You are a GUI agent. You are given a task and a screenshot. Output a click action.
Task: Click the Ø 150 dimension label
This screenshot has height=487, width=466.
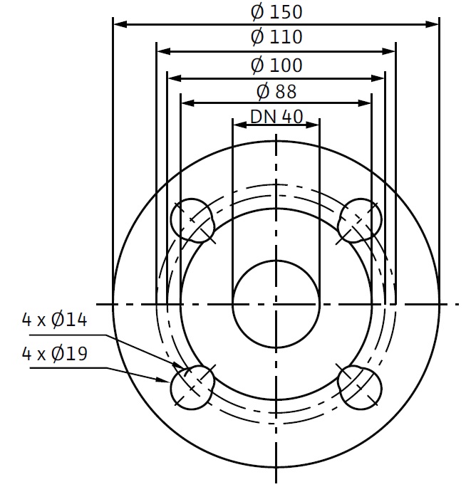coord(276,12)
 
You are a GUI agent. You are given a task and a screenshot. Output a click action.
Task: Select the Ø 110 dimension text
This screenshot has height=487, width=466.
coord(276,36)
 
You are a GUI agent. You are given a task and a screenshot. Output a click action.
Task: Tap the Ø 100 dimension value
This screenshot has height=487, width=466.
coord(276,66)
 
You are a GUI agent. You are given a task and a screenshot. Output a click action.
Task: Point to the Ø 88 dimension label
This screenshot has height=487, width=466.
coord(276,92)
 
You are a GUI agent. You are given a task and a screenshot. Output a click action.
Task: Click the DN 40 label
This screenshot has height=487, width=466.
coord(276,117)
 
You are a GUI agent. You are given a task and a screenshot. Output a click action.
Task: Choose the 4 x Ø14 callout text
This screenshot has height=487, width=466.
coord(54,320)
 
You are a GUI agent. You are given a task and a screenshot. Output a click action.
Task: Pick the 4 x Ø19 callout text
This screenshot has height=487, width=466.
coord(54,353)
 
